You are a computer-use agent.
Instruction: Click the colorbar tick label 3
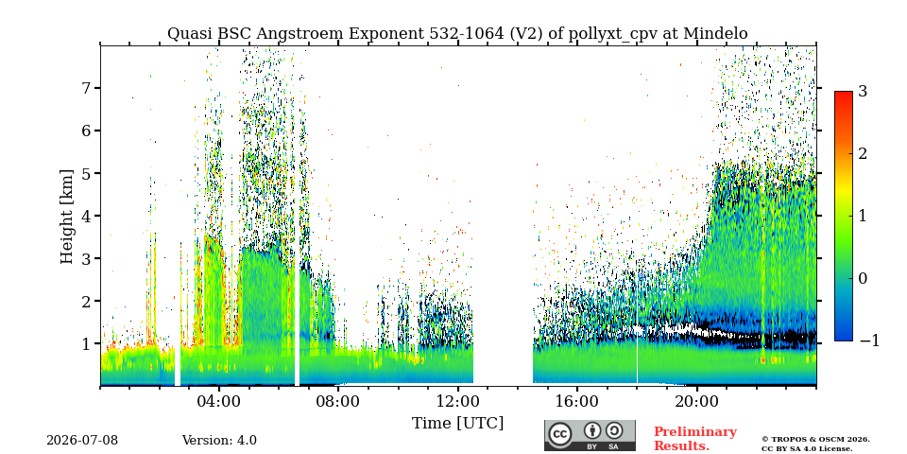click(x=863, y=91)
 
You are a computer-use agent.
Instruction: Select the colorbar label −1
click(x=869, y=340)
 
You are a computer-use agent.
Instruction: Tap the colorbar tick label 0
click(x=863, y=278)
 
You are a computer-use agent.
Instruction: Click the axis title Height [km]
click(x=67, y=217)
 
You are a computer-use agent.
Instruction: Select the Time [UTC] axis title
click(x=457, y=424)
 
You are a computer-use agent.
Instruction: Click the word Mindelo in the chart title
click(x=715, y=34)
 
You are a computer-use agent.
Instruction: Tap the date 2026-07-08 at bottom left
click(x=82, y=441)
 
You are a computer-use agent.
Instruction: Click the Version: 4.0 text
click(x=219, y=441)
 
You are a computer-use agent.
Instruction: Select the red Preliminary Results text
click(x=695, y=439)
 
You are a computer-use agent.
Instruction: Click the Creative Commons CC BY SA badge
click(x=590, y=435)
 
